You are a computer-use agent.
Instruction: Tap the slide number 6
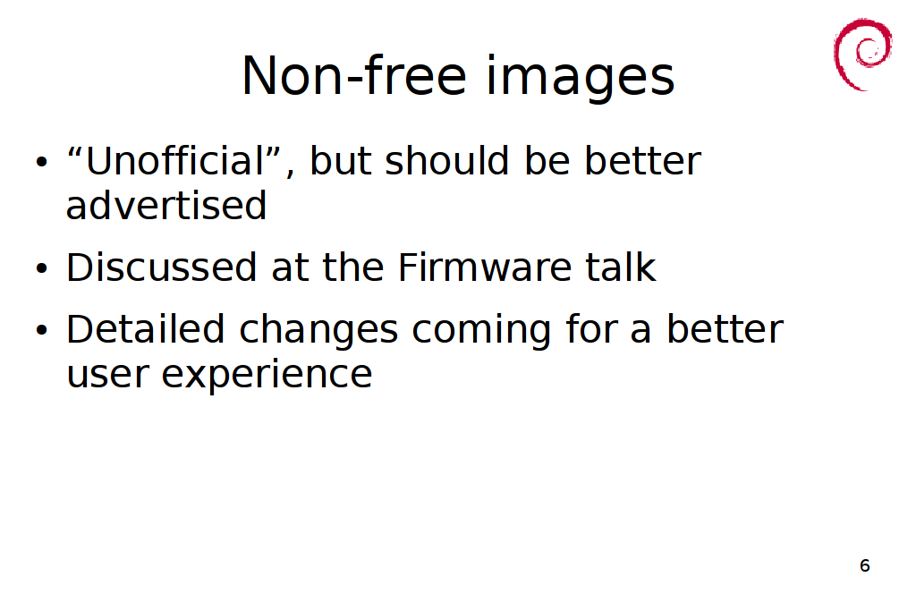[x=865, y=565]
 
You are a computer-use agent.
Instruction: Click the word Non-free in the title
[x=354, y=75]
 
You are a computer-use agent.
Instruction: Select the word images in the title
[x=580, y=77]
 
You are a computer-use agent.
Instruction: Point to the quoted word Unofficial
[x=175, y=160]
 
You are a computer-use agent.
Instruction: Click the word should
[x=447, y=160]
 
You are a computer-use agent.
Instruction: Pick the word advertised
[x=166, y=205]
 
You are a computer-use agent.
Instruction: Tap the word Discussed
[x=161, y=267]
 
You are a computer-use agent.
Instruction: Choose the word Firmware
[x=484, y=267]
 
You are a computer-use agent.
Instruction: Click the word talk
[x=621, y=267]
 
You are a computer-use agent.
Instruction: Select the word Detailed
[x=146, y=329]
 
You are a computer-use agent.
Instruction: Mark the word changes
[x=318, y=332]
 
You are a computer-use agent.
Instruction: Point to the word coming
[x=481, y=332]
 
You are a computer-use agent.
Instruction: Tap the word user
[x=107, y=375]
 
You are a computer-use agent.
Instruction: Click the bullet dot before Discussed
[x=41, y=268]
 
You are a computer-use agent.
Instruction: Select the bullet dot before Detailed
[x=41, y=330]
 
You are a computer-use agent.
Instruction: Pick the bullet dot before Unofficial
[x=41, y=161]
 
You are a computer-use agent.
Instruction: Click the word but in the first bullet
[x=340, y=160]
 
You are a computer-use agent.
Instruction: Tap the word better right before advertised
[x=642, y=160]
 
